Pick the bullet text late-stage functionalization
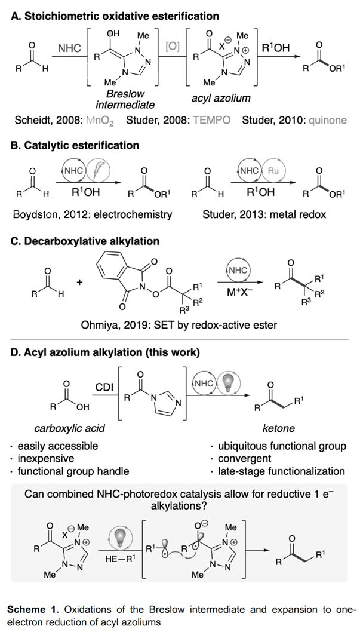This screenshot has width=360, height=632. pos(280,471)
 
